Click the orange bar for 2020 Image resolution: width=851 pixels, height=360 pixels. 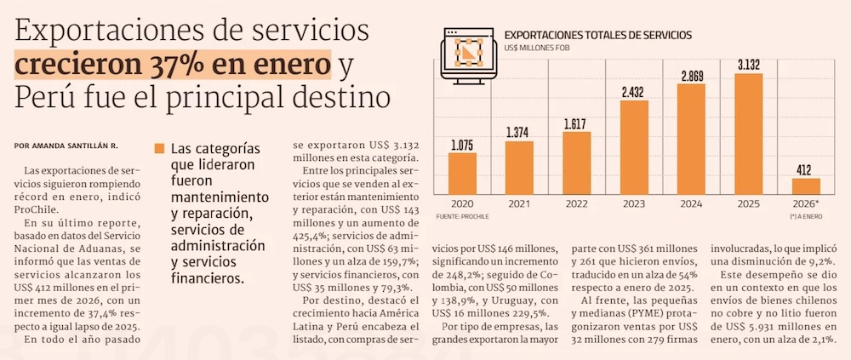click(462, 173)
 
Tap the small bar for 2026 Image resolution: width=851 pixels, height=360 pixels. click(806, 186)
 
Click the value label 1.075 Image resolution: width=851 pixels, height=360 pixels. click(462, 146)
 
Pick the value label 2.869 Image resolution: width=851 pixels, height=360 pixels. click(692, 77)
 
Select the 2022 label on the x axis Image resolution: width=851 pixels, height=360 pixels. click(576, 205)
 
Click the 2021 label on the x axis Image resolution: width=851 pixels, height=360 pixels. click(518, 205)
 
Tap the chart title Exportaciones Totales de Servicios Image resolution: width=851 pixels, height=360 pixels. click(598, 35)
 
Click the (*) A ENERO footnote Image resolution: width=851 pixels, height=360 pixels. click(805, 217)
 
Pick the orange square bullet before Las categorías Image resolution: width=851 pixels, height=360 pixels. click(158, 148)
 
